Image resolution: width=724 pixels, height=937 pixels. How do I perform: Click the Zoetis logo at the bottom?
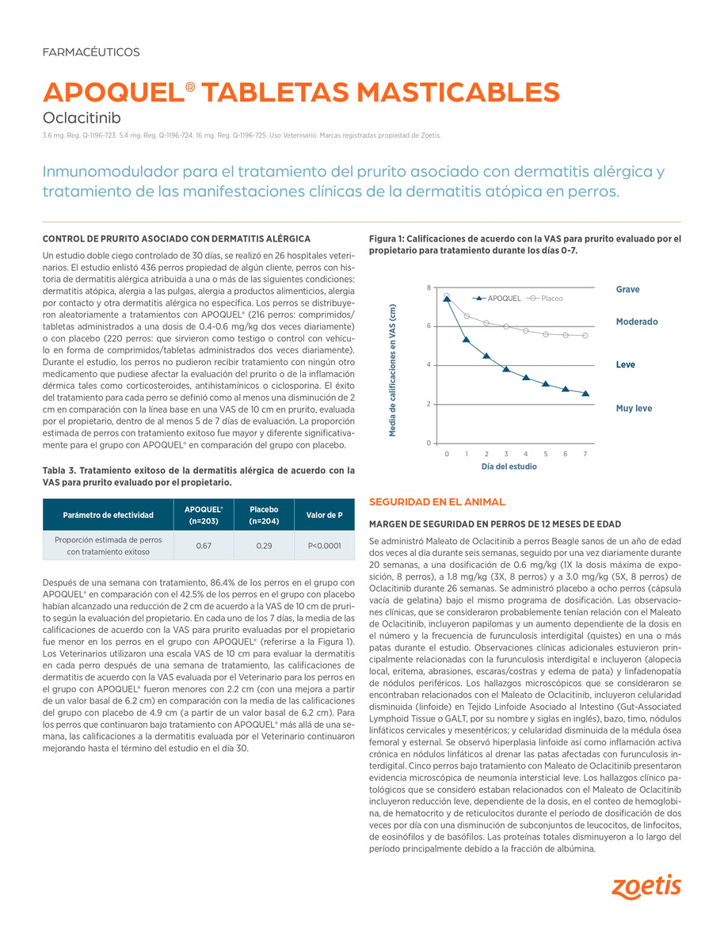coord(646,886)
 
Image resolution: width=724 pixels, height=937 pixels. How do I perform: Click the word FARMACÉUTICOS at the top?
coord(90,52)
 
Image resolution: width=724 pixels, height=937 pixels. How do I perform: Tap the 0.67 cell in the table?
coord(203,546)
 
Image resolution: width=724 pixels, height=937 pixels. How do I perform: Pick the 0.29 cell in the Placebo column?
coord(265,546)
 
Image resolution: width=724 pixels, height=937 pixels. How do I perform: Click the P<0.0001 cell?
coord(324,546)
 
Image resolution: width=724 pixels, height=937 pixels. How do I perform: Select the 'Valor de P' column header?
coord(324,515)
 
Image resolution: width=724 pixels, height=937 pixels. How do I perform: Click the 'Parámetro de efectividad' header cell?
coord(108,515)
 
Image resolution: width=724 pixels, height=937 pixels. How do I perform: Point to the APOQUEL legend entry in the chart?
coord(498,299)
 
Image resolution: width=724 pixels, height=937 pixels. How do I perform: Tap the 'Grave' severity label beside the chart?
coord(627,289)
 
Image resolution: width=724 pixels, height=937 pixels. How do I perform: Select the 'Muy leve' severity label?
coord(634,408)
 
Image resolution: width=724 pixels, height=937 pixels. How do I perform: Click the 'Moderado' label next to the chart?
coord(637,322)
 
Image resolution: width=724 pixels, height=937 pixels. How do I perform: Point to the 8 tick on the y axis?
coord(429,287)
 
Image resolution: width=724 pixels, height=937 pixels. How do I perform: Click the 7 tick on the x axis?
coord(585,453)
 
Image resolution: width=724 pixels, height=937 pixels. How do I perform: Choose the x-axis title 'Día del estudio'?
coord(509,467)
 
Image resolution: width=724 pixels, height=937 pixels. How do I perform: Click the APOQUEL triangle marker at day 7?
coord(585,393)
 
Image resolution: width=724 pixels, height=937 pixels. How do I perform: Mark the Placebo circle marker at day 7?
coord(585,336)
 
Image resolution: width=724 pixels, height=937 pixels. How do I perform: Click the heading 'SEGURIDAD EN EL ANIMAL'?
coord(437,502)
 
